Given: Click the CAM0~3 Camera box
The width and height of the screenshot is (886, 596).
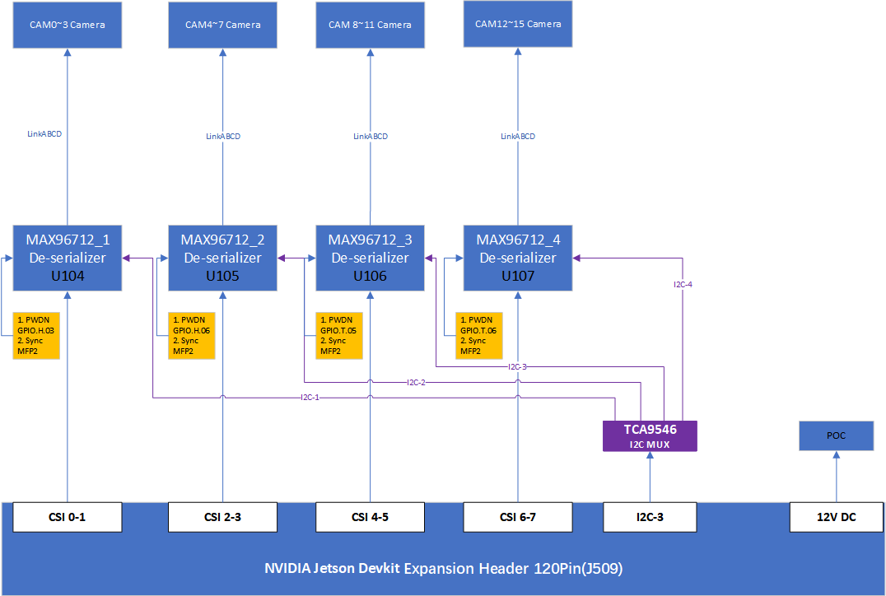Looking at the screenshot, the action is (x=68, y=25).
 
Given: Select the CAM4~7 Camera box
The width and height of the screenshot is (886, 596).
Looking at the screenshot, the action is (x=222, y=25).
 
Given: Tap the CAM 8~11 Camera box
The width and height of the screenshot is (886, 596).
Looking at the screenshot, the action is (x=370, y=25).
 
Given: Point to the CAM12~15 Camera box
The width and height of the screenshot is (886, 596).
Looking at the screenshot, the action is (x=518, y=24).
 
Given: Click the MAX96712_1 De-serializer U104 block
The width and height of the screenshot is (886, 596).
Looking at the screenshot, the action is (x=68, y=258).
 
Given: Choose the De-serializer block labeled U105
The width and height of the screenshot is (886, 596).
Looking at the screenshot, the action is (x=222, y=258).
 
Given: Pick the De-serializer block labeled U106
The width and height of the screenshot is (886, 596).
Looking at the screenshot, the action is (x=370, y=258).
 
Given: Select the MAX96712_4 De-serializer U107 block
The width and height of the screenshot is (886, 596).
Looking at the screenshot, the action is (x=518, y=258).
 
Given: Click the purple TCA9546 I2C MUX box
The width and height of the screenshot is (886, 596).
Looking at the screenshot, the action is (x=650, y=436).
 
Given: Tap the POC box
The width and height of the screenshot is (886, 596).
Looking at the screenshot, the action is (x=837, y=435).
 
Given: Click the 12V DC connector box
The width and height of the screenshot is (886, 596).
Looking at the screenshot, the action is (x=837, y=517).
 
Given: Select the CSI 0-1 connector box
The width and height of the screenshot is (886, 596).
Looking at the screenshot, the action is (x=68, y=517).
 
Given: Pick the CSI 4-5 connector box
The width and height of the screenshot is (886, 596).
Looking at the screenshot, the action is (x=370, y=517).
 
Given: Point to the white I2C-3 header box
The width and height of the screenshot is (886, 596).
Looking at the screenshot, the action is (x=650, y=517).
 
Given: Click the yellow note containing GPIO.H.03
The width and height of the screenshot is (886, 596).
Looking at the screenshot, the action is (x=36, y=336).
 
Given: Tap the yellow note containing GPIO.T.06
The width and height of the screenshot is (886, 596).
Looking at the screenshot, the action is (x=479, y=336).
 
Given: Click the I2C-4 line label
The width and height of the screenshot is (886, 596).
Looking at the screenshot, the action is (x=683, y=284).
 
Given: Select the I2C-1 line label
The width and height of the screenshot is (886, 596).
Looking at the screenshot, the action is (x=310, y=398).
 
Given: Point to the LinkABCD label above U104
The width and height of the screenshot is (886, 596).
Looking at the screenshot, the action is (x=44, y=134).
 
